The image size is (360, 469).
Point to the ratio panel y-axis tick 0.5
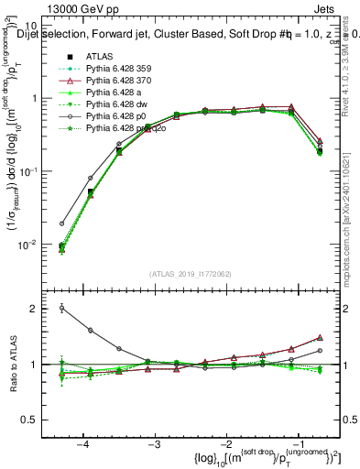38,420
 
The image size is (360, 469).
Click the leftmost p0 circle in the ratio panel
61,308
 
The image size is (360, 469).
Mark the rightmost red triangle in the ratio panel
319,337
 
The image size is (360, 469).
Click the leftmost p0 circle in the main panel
61,223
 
